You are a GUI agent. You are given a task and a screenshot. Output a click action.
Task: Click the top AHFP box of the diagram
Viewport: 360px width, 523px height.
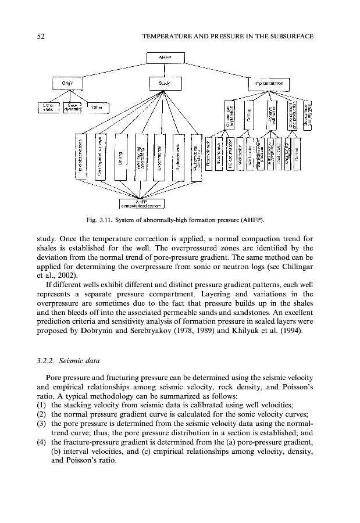coord(165,58)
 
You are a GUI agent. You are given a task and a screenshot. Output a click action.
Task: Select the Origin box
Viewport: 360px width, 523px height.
coord(67,83)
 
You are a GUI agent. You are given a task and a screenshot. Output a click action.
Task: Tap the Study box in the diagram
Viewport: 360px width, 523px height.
coord(165,84)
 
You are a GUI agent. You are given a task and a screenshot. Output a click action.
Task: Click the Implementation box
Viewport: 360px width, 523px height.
coord(268,84)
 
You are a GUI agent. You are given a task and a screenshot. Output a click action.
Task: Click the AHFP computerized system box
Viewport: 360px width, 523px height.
coord(141,203)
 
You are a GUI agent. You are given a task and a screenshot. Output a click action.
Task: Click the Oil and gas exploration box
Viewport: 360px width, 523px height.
coord(229,113)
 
